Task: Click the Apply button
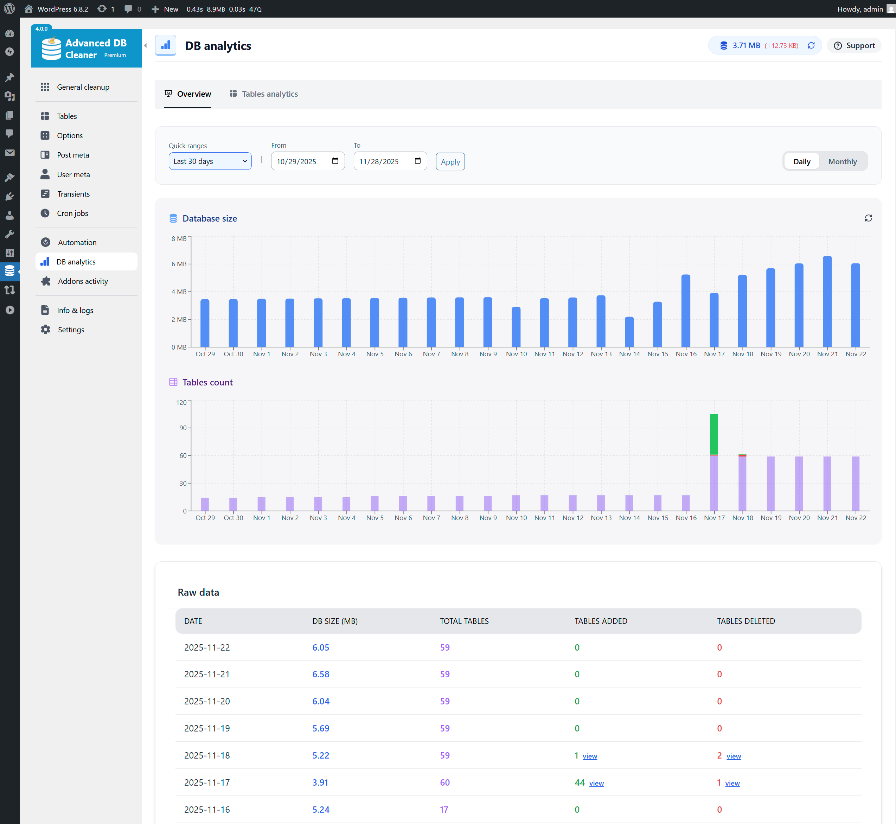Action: pos(450,162)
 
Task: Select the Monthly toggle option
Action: pos(842,161)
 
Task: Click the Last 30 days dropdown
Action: pos(210,161)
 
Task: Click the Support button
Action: pos(854,45)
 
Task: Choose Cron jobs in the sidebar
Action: pos(72,213)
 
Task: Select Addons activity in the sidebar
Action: pos(83,281)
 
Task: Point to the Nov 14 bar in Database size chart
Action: pos(629,332)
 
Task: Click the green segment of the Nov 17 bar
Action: pos(714,434)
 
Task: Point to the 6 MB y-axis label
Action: pos(179,264)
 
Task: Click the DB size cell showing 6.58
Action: pos(320,674)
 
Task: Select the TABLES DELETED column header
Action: pos(745,621)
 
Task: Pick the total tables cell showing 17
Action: pos(444,809)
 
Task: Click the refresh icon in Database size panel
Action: pos(868,218)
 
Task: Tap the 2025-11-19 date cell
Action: pos(207,728)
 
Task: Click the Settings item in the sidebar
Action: pos(71,330)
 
